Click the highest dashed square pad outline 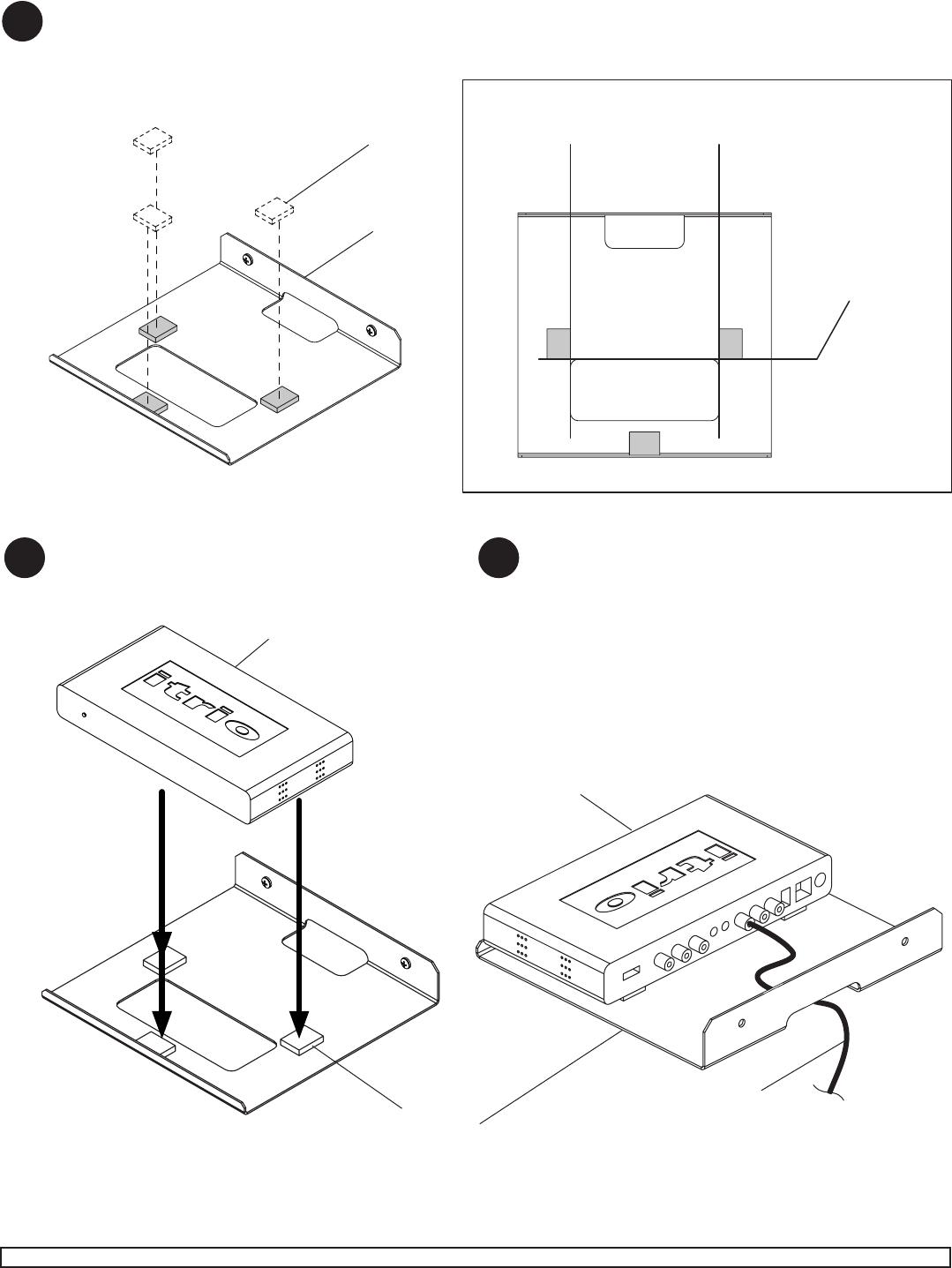(x=153, y=139)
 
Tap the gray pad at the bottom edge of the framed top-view (x=644, y=443)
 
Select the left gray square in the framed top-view (x=558, y=344)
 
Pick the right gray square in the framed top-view (x=731, y=344)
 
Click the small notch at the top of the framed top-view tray (x=644, y=232)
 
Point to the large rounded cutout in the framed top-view (x=644, y=390)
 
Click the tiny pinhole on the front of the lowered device (x=85, y=715)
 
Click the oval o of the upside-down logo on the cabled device (x=613, y=902)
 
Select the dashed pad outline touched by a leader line (x=274, y=211)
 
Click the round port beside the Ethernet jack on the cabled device (x=818, y=883)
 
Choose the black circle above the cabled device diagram (x=498, y=558)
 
